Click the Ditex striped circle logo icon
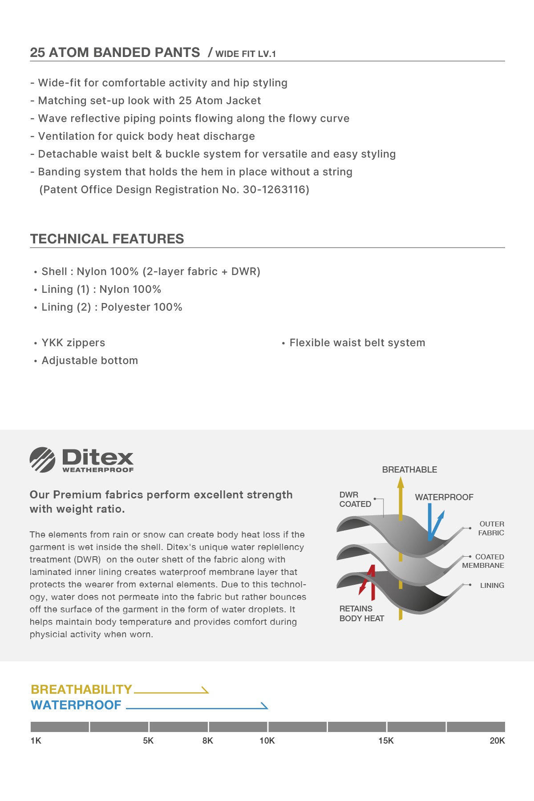(42, 460)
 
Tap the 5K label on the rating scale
(148, 740)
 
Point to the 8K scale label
(208, 740)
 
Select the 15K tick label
(386, 740)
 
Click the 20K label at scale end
(497, 740)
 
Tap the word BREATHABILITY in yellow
(81, 689)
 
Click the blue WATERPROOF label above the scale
(76, 705)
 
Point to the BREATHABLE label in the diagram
(409, 469)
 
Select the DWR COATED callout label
(355, 499)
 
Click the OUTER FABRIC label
(491, 528)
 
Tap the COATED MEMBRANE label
(484, 561)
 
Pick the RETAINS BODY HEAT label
(361, 613)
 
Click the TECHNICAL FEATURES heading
(107, 239)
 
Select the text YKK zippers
(73, 343)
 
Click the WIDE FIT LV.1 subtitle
(246, 54)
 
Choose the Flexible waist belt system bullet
(357, 343)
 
